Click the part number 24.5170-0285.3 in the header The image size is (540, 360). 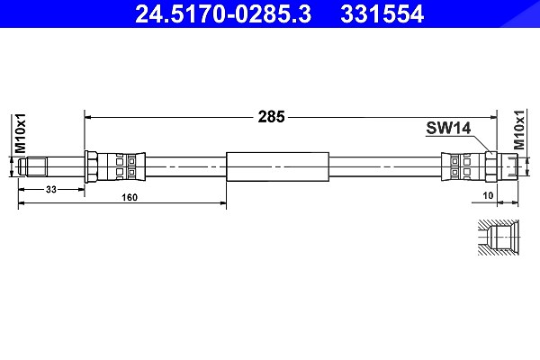click(x=223, y=14)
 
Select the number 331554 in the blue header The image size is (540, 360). click(x=382, y=14)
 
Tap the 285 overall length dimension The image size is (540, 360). click(x=272, y=117)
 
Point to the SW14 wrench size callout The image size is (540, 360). click(x=448, y=128)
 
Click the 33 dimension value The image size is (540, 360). click(x=51, y=189)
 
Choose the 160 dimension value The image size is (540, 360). click(x=130, y=197)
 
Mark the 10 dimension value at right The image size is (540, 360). click(x=488, y=195)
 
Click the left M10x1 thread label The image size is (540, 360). click(x=20, y=133)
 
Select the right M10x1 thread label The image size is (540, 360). click(x=519, y=130)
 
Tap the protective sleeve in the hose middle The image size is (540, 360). click(x=277, y=166)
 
